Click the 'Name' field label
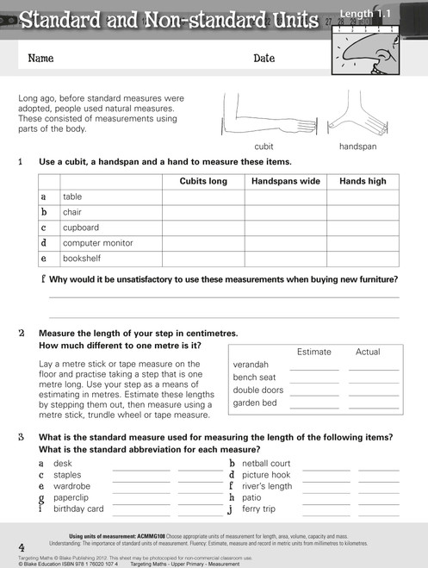coord(41,59)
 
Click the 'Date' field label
coord(264,59)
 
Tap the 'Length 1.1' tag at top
coord(370,14)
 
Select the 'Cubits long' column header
coord(203,182)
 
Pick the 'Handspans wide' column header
coord(285,182)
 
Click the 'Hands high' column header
coord(363,182)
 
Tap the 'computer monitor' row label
coord(97,243)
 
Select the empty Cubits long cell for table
coord(203,197)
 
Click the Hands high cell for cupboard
coord(363,228)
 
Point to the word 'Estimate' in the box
coord(313,352)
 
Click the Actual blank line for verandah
coord(374,365)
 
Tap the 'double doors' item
coord(258,390)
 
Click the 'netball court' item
coord(266,464)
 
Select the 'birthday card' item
coord(78,509)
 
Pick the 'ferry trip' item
coord(260,509)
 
